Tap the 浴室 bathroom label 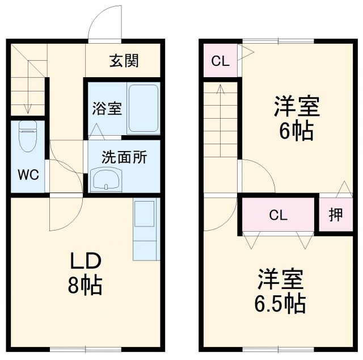click(107, 108)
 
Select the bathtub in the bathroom click(142, 108)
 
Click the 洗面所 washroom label click(124, 157)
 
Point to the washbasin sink click(106, 181)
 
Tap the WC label click(27, 174)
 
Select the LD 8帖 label click(85, 273)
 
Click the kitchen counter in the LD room click(144, 229)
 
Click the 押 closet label click(335, 215)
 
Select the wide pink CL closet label click(277, 215)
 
